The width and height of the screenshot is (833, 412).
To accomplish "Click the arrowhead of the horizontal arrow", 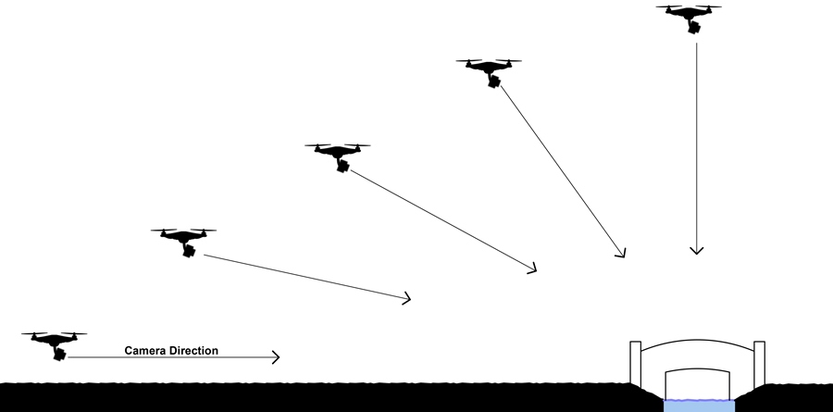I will [x=275, y=357].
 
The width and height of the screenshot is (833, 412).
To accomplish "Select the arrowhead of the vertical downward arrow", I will [x=697, y=250].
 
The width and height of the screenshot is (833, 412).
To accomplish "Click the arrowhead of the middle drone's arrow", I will [x=532, y=268].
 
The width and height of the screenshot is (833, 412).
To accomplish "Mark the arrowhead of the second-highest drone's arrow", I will [x=621, y=253].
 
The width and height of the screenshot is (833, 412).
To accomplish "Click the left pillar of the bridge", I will [x=635, y=362].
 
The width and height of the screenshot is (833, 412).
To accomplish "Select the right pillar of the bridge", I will [x=759, y=362].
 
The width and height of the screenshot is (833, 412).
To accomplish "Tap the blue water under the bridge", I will [x=699, y=406].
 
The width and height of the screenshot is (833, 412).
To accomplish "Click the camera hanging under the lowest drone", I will [x=59, y=353].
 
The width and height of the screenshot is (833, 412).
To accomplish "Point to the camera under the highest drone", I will [x=694, y=27].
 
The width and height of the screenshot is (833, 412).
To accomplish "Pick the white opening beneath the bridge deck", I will [x=699, y=384].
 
